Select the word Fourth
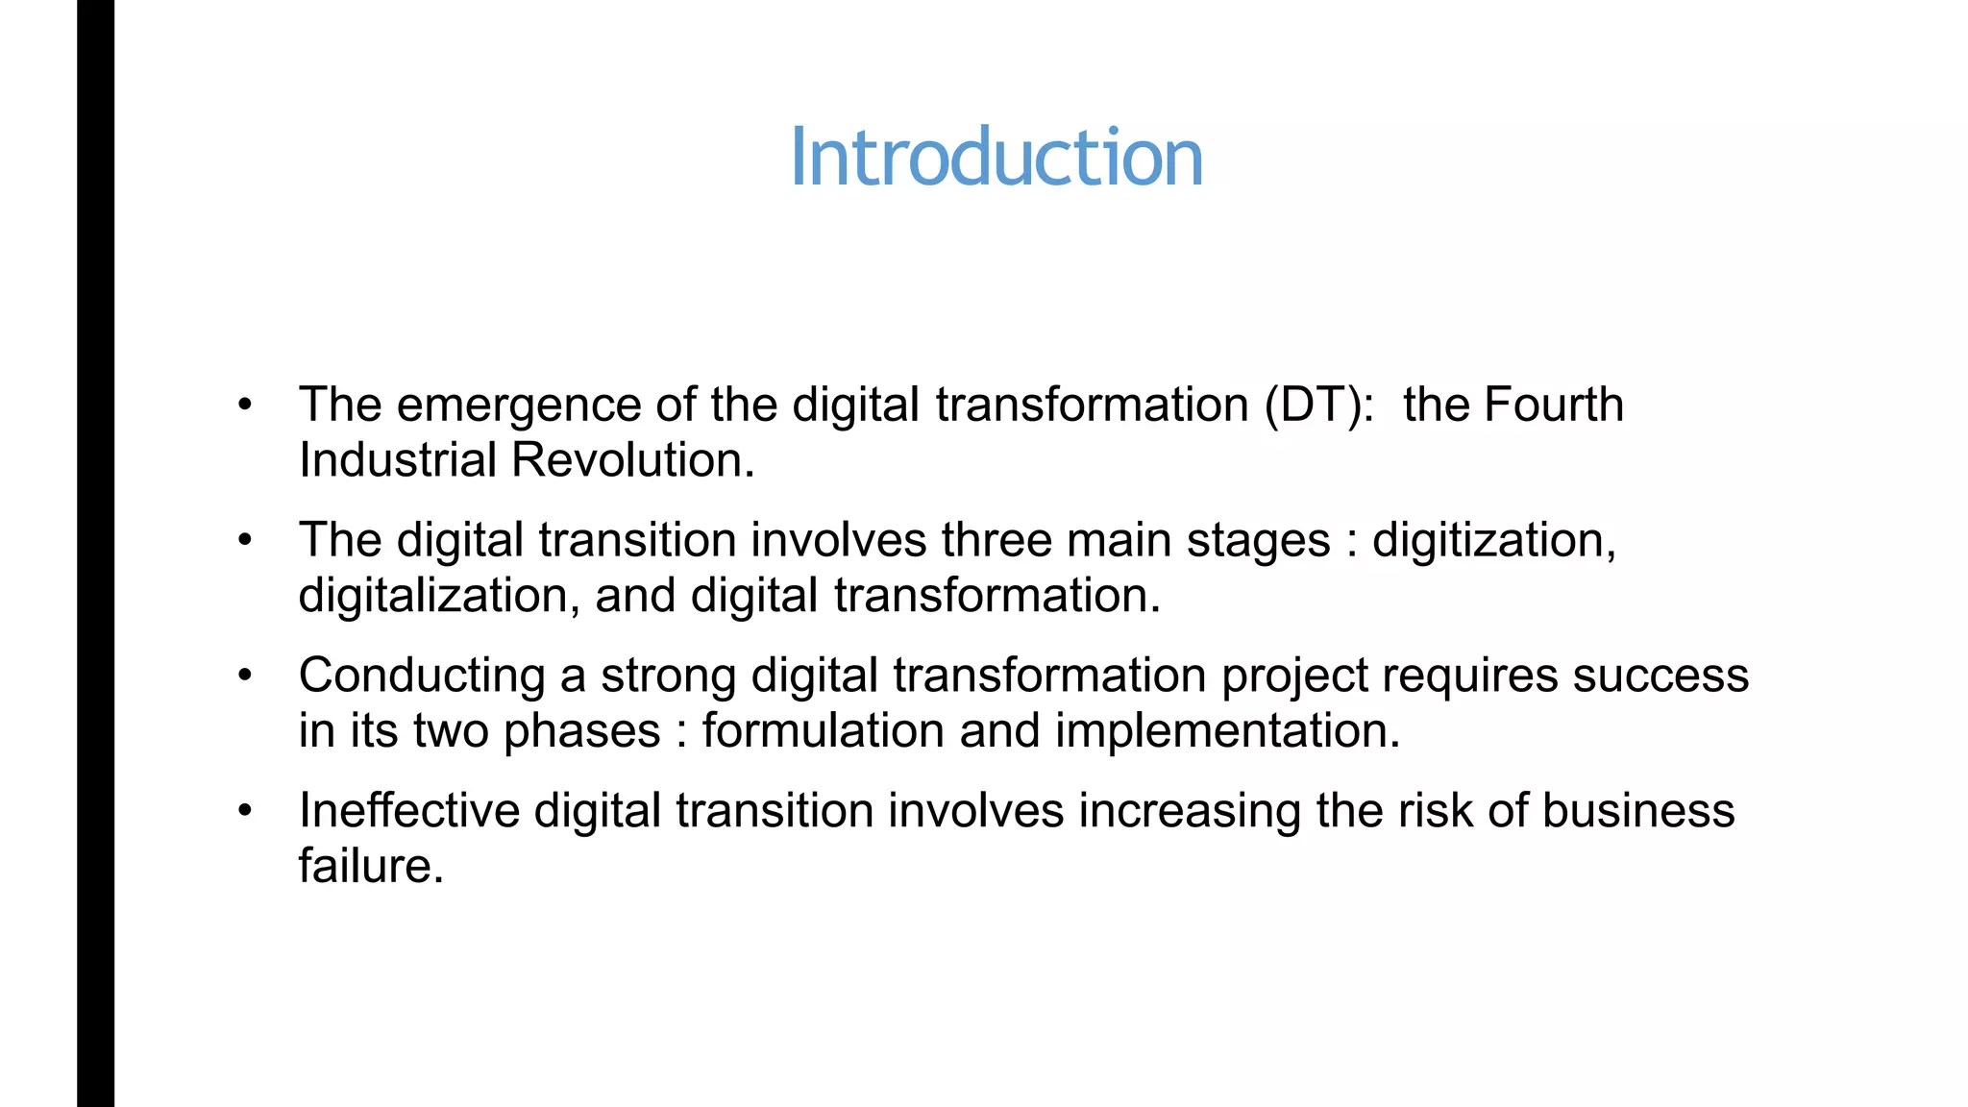1553,405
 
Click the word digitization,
1494,540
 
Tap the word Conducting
422,676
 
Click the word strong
668,676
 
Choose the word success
1660,676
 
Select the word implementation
1227,731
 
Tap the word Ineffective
408,811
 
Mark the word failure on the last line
371,867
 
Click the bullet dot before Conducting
246,676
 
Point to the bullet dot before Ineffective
246,811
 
